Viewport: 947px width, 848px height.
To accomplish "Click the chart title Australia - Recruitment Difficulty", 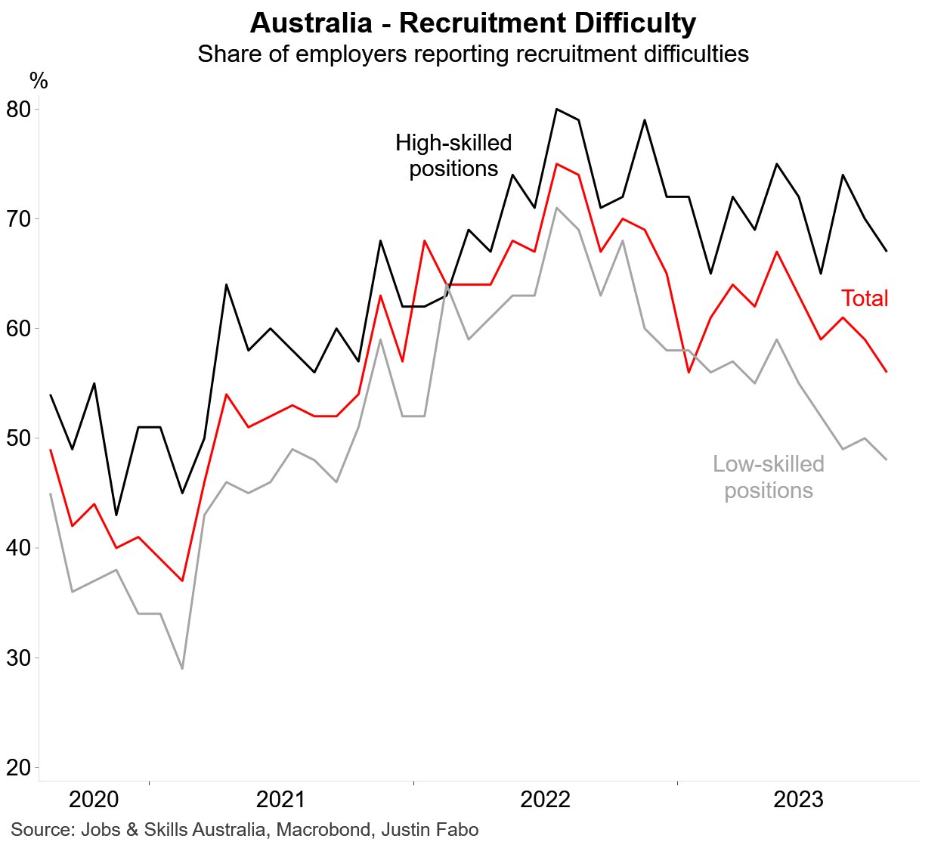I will [472, 23].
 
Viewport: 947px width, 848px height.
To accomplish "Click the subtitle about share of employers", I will [473, 54].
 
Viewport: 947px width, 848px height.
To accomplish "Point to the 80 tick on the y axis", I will [18, 110].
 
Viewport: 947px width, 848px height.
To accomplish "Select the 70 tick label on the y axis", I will [18, 219].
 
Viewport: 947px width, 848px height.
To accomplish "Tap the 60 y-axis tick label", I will [18, 329].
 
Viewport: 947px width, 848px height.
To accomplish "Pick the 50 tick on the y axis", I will [18, 438].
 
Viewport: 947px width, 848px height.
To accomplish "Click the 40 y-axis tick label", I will [18, 548].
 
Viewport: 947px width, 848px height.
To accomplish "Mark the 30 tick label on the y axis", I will [18, 658].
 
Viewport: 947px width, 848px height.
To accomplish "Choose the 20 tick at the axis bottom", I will [18, 767].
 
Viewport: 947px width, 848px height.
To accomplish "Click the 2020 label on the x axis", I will [94, 800].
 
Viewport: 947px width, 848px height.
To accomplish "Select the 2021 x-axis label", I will [280, 800].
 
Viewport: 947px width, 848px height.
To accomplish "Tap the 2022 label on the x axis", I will [545, 800].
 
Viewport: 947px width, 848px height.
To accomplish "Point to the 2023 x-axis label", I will [798, 800].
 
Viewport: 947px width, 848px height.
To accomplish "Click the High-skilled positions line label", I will [453, 156].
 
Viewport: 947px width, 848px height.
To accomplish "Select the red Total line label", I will [865, 299].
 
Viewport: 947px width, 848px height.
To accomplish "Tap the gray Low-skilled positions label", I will [768, 477].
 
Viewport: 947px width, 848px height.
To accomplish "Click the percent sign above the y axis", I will [39, 81].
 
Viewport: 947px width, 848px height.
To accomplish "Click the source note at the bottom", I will [245, 830].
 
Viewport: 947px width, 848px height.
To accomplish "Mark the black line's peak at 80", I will [556, 109].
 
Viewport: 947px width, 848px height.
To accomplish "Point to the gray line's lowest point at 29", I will [182, 668].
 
